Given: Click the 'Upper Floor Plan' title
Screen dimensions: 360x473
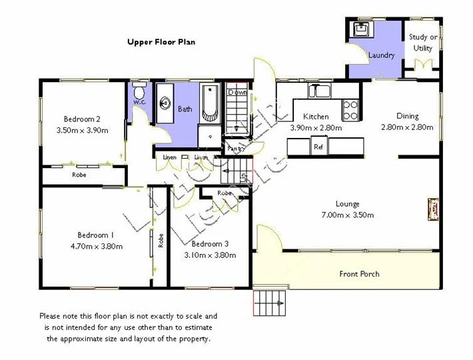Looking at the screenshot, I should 161,42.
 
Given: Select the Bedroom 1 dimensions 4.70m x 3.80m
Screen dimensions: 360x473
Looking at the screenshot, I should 95,246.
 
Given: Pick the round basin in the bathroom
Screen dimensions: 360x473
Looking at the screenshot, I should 165,103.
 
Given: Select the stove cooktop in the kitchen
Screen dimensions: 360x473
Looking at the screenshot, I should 350,110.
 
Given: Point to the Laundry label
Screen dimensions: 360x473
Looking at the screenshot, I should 382,55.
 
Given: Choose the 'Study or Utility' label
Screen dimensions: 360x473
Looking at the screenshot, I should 423,43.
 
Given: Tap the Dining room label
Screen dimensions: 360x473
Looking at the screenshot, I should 407,116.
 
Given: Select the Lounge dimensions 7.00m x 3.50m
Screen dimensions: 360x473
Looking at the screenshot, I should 347,215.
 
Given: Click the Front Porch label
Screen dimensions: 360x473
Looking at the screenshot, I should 359,274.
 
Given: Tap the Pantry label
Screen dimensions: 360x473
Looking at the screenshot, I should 236,149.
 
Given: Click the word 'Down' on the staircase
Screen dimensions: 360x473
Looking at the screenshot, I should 237,93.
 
